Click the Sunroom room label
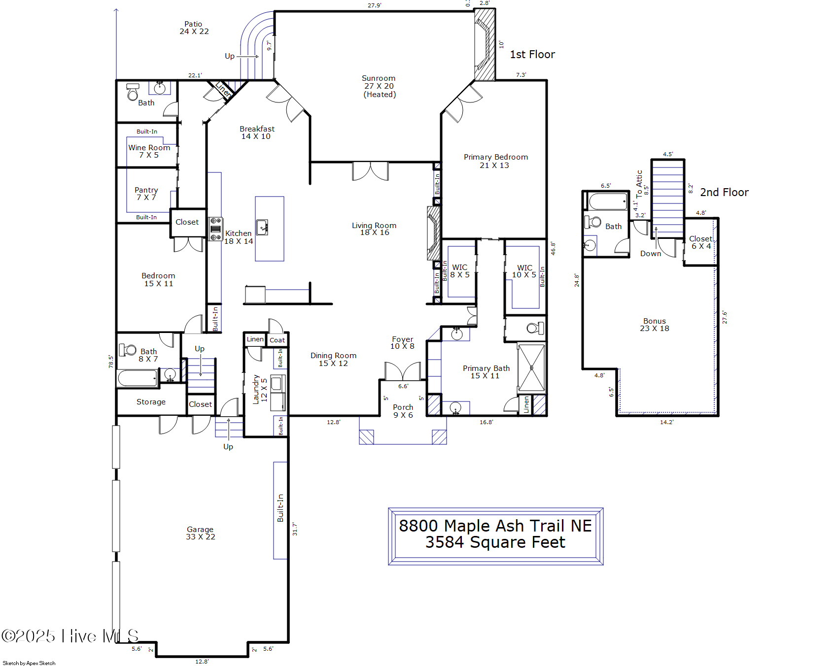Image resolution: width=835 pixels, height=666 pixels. coord(379,86)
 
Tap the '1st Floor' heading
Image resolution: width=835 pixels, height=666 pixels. coord(532,55)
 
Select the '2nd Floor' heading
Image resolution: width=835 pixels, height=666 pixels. coord(724,193)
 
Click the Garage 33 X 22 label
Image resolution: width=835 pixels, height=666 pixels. coord(200,533)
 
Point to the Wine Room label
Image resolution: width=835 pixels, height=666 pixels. coord(149,151)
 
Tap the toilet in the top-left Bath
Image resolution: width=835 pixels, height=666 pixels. coord(132,93)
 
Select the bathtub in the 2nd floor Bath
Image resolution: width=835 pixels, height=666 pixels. coord(608,202)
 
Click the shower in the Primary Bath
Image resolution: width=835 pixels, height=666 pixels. coord(531,367)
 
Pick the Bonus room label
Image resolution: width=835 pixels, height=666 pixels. coord(654,325)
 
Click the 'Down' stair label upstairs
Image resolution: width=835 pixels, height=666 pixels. coord(650,254)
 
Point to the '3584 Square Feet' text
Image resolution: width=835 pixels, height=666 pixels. coord(495,542)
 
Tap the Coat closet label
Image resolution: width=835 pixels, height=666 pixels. coord(277,340)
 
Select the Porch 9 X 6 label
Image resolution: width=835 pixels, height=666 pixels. coord(403,411)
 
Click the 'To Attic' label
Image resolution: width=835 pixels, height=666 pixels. coord(639,184)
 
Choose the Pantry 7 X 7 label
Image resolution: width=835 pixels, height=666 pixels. coord(146,194)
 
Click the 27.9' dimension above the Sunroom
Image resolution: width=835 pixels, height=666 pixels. coord(374,5)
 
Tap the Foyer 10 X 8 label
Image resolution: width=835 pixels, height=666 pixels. coord(402,343)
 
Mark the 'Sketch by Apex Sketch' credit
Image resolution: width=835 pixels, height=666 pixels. coord(29,663)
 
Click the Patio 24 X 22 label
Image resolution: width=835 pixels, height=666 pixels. coord(194,28)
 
